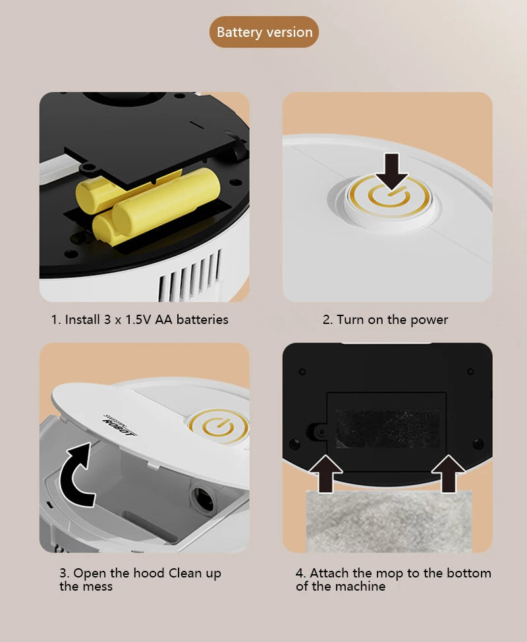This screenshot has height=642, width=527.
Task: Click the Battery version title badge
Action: (264, 32)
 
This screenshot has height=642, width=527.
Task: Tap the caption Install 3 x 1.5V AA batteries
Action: (140, 320)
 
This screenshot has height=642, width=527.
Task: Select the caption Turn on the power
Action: (385, 320)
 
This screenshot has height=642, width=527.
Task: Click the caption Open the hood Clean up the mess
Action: (140, 579)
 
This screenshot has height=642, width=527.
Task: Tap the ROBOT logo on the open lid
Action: (120, 427)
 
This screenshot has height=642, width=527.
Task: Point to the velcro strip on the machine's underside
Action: (387, 429)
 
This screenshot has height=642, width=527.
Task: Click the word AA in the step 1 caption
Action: (164, 320)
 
